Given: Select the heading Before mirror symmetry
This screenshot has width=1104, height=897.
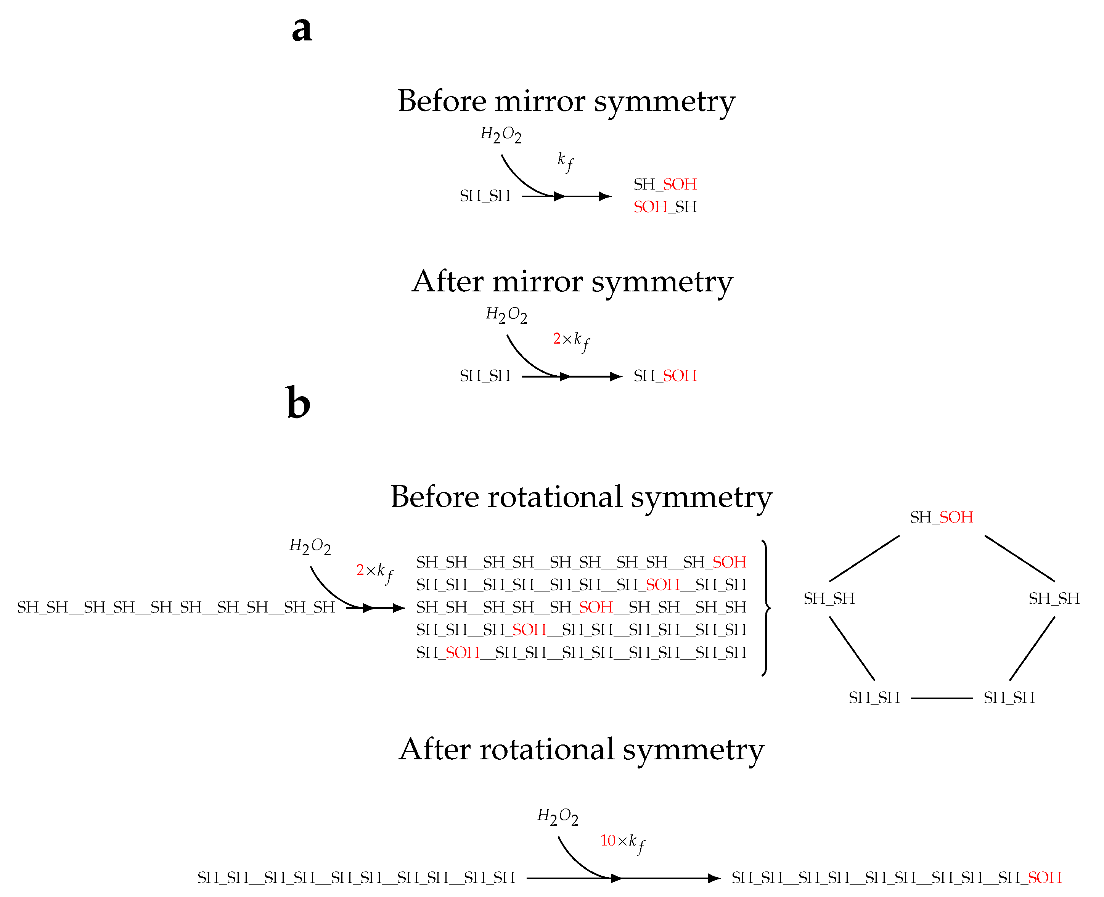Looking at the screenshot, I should click(566, 101).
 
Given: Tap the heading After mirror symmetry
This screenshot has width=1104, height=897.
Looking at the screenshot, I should click(572, 282).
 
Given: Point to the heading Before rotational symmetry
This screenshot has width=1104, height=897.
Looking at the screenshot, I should click(581, 497).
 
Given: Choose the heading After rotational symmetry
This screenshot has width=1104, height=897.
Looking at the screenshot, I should click(581, 750).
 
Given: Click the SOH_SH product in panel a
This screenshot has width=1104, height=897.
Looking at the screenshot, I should click(665, 207).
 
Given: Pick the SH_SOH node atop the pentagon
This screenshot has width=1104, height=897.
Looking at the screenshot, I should click(941, 517).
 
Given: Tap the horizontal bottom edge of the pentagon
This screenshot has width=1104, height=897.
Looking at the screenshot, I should click(942, 698).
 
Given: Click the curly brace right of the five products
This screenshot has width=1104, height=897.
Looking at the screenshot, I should click(766, 608).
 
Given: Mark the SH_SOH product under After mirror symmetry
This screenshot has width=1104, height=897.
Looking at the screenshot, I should click(665, 376).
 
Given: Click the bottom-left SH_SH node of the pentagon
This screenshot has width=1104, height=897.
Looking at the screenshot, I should click(874, 698).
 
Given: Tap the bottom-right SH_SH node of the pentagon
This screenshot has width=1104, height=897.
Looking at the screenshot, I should click(1009, 698).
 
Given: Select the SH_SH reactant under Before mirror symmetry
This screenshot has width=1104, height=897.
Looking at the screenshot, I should click(485, 196).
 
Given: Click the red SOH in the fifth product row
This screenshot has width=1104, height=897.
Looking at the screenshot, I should click(462, 653).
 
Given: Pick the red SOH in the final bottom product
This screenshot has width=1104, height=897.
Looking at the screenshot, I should click(1045, 878).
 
